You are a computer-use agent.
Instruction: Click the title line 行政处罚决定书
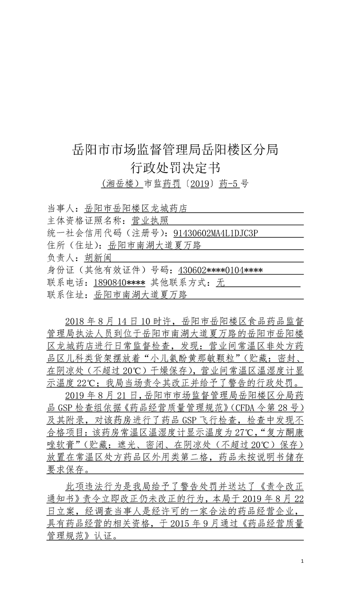(175, 168)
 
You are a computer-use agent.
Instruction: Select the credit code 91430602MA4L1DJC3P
(219, 233)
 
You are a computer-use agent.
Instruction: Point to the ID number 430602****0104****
(221, 270)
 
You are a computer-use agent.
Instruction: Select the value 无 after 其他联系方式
(220, 283)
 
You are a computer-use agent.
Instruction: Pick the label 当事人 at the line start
(61, 209)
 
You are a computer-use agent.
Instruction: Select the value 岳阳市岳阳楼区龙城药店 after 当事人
(136, 209)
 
